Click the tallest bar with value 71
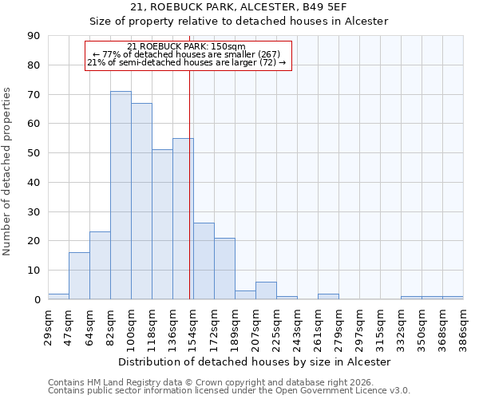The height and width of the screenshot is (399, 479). tap(121, 196)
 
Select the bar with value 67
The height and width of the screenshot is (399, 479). tap(141, 201)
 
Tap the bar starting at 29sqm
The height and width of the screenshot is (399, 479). tap(58, 297)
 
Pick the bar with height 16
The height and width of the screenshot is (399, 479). tap(79, 276)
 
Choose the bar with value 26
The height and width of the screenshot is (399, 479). tap(204, 261)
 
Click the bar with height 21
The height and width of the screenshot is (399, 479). tap(224, 268)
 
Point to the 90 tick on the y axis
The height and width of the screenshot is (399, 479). tap(34, 36)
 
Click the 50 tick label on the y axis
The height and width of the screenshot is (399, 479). tap(34, 153)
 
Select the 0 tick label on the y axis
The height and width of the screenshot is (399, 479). tap(37, 299)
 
